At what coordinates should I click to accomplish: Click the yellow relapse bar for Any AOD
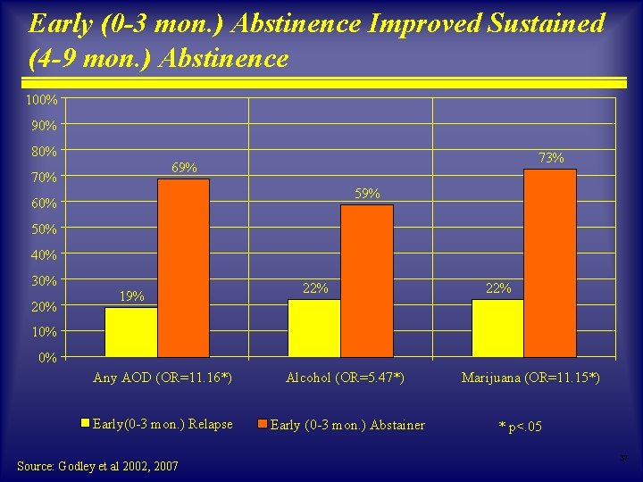131,332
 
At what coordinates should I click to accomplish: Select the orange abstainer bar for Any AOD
183,268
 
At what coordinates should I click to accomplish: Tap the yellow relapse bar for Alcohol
314,328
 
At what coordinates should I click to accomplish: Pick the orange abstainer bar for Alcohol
366,281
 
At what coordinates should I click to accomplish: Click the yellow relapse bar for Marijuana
497,328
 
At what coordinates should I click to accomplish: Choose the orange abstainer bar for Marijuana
550,263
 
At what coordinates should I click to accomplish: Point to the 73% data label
551,158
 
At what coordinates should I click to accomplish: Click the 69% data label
185,169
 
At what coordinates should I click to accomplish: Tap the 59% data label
367,194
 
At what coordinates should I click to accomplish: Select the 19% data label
132,296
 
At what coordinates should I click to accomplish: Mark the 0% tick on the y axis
47,358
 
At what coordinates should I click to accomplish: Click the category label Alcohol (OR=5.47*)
345,378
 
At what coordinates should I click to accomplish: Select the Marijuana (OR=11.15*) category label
530,378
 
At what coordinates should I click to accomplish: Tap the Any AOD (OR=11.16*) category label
163,378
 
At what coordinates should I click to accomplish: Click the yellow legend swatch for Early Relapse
86,424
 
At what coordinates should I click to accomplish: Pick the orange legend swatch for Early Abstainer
263,424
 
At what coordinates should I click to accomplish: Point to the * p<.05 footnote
519,427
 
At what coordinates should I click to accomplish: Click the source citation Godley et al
98,466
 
